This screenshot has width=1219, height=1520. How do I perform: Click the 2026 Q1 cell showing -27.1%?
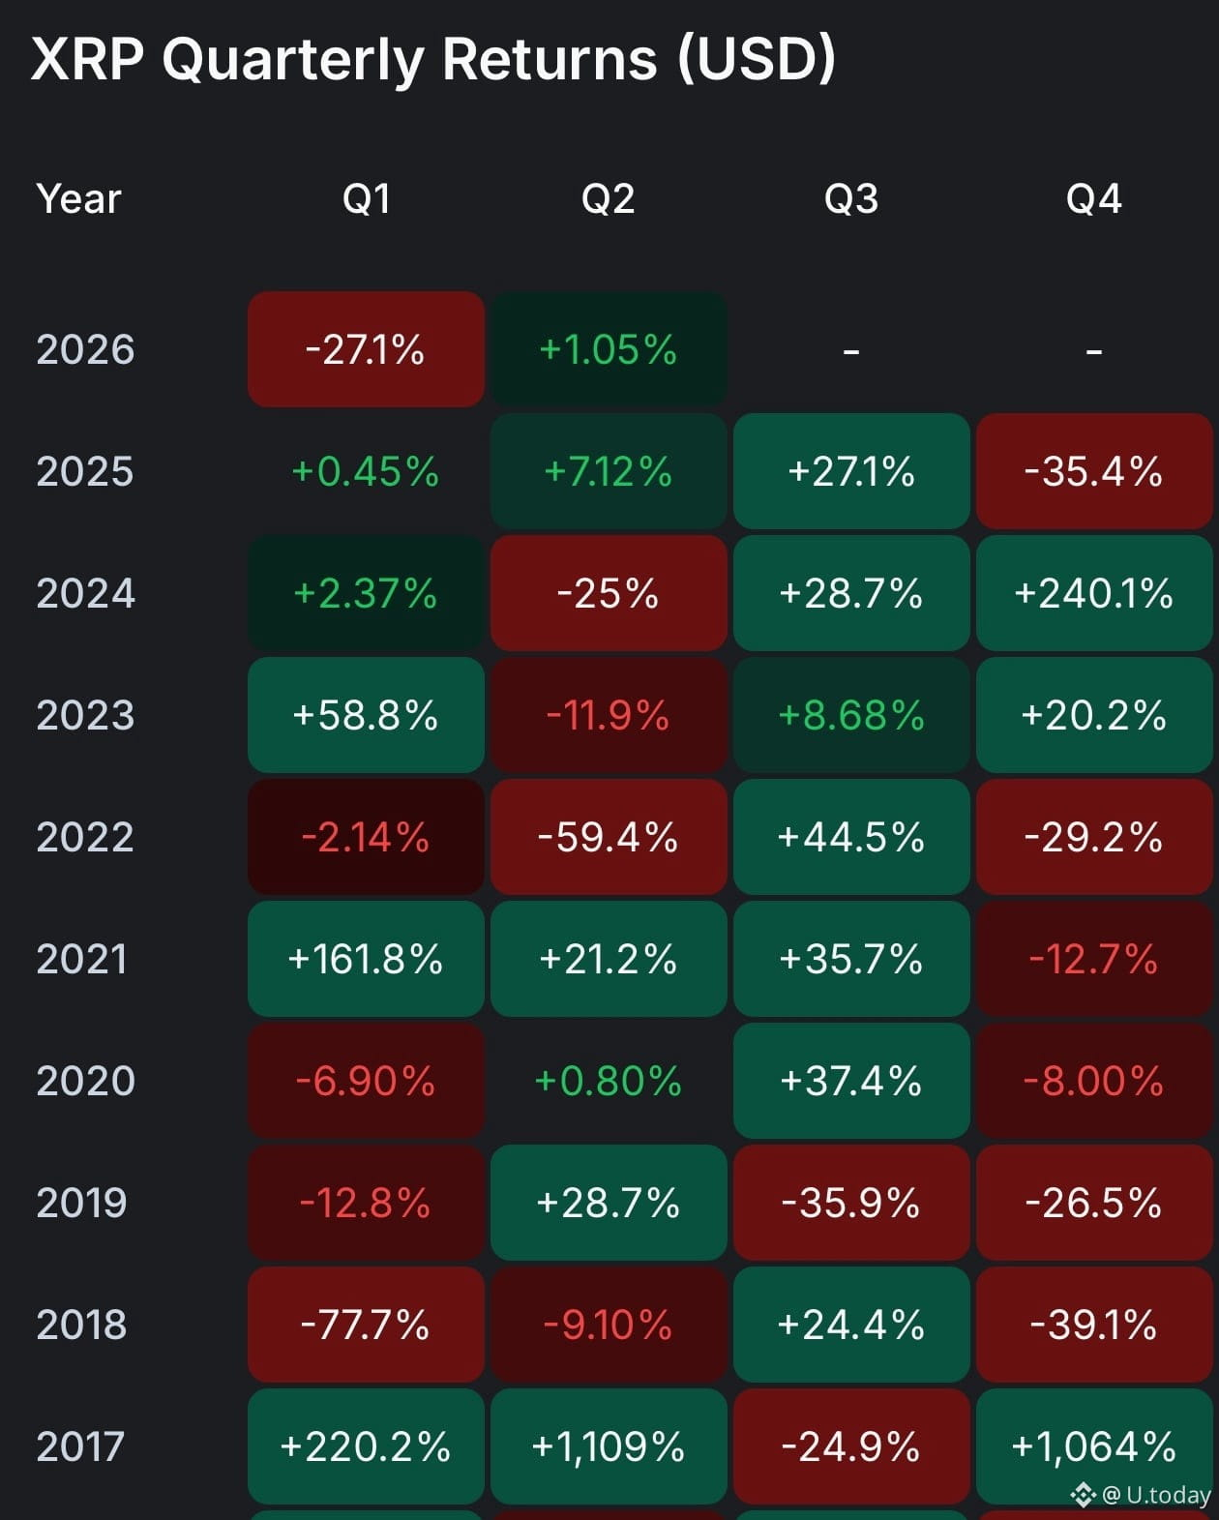click(x=366, y=349)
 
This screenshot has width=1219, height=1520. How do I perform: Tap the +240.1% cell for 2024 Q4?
click(x=1093, y=593)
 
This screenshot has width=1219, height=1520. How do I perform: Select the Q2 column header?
click(x=608, y=199)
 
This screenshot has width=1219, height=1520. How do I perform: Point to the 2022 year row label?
click(x=85, y=837)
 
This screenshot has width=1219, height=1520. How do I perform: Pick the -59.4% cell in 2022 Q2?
click(x=608, y=837)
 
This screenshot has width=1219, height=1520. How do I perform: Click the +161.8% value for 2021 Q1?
click(x=366, y=959)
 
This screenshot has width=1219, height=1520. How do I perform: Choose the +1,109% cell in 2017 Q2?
click(x=608, y=1446)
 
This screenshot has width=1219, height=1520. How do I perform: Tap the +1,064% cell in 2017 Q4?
click(x=1093, y=1446)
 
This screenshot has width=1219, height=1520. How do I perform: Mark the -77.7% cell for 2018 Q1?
click(x=366, y=1325)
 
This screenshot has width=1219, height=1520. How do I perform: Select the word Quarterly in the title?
click(x=293, y=60)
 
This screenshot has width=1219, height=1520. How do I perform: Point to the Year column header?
click(x=78, y=199)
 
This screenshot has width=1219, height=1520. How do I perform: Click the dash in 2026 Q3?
click(x=851, y=351)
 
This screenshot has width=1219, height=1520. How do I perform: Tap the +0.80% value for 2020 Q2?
click(x=608, y=1081)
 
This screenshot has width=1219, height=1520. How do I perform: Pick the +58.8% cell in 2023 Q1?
click(x=366, y=715)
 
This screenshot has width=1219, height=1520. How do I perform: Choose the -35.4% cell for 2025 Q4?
click(x=1093, y=471)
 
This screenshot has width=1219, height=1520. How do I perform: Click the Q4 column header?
click(x=1093, y=199)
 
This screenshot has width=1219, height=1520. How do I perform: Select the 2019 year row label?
click(x=82, y=1203)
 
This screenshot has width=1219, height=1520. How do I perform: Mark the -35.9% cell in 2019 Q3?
click(x=851, y=1203)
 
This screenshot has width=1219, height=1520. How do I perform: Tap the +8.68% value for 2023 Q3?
click(x=851, y=715)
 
